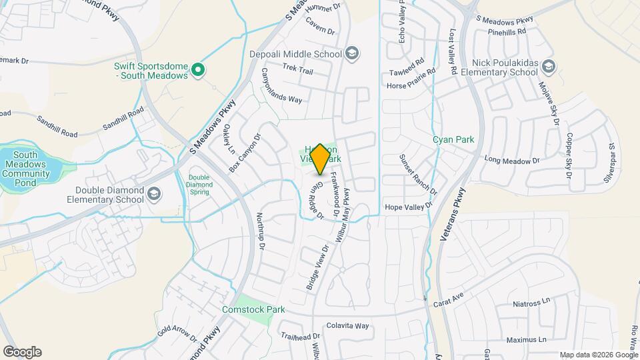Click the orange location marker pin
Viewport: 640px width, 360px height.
[320, 159]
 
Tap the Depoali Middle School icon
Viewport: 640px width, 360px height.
[352, 53]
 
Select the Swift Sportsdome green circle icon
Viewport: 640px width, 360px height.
[197, 69]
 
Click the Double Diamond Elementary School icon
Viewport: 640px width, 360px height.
[154, 194]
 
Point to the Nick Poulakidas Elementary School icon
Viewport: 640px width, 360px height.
[548, 66]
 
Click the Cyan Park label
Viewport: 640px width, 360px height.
[453, 140]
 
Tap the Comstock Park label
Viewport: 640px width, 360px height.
[253, 309]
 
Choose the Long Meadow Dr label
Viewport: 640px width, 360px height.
[512, 160]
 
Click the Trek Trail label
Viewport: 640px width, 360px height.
[297, 68]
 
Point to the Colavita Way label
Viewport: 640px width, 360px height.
[347, 326]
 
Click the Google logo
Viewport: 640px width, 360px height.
[22, 352]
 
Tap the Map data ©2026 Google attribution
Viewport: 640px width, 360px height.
[599, 355]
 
